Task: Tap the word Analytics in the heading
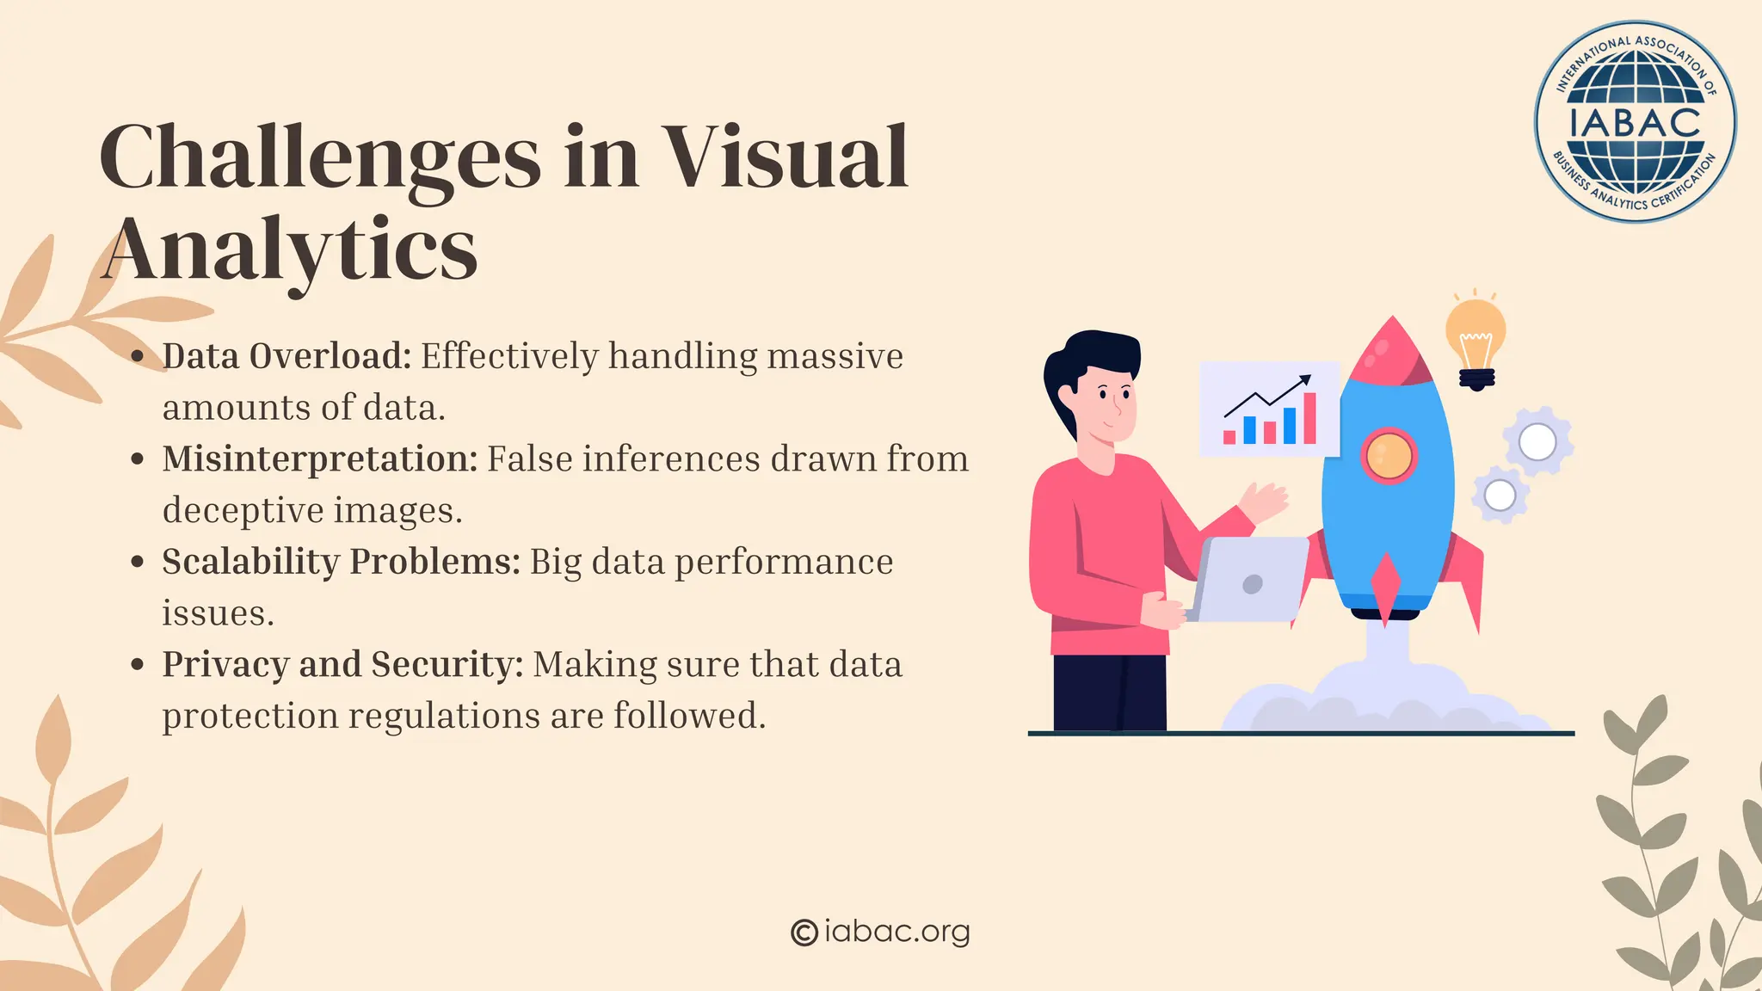(291, 249)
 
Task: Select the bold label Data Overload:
(287, 356)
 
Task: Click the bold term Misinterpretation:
(320, 459)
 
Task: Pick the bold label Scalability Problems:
(342, 562)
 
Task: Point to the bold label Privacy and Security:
(342, 664)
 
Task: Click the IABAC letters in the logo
(1635, 122)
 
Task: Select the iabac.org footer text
(896, 931)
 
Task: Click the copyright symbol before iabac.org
(804, 932)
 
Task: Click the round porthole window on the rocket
(1388, 455)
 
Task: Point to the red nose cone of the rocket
(1391, 348)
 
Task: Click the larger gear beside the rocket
(1537, 442)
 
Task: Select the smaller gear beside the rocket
(1500, 495)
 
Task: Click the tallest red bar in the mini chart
(1309, 418)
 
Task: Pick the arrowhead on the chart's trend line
(1305, 379)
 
